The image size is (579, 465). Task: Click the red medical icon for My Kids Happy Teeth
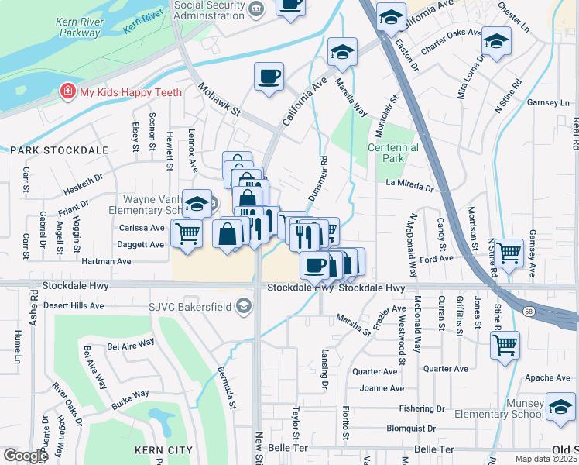(69, 93)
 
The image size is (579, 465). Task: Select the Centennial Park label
(392, 152)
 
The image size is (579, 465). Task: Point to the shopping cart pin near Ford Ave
(509, 253)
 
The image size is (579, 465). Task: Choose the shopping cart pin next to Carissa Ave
(187, 232)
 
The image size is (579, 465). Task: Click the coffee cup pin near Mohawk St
(269, 77)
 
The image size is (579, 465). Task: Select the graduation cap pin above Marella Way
(342, 52)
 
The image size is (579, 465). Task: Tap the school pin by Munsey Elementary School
(560, 406)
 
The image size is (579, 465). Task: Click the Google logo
(26, 456)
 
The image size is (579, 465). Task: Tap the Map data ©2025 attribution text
(546, 459)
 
